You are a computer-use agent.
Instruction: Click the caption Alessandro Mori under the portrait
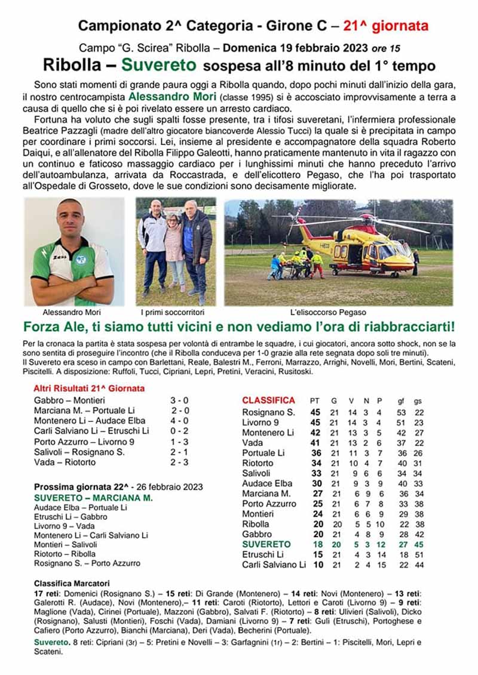(72, 313)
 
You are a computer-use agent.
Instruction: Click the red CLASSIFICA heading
(268, 400)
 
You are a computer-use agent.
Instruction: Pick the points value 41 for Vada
(315, 443)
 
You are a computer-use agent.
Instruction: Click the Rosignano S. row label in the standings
(268, 412)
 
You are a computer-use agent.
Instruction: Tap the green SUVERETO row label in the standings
(266, 544)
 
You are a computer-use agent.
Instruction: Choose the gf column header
(402, 400)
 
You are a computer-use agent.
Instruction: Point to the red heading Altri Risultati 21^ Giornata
(89, 389)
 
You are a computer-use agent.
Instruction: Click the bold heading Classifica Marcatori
(72, 582)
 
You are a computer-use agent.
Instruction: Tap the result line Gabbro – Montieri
(69, 400)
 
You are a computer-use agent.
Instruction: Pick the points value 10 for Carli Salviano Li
(318, 565)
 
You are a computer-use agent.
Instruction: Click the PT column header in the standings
(315, 400)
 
